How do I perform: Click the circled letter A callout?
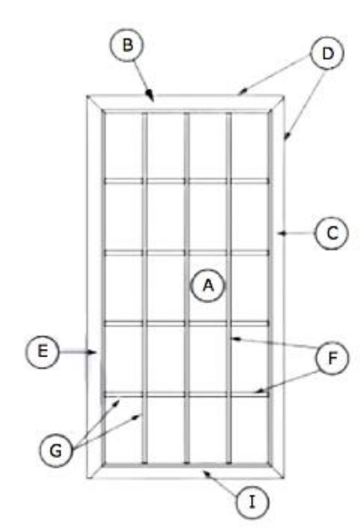click(208, 286)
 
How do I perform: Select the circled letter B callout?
click(126, 45)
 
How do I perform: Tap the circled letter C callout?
click(332, 233)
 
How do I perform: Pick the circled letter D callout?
click(327, 54)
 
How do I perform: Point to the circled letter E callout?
click(42, 352)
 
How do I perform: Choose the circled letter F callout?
click(332, 357)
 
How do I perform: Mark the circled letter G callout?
click(56, 450)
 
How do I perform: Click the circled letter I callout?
click(252, 502)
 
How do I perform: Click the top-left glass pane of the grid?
click(124, 145)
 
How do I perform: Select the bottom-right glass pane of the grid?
click(250, 429)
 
